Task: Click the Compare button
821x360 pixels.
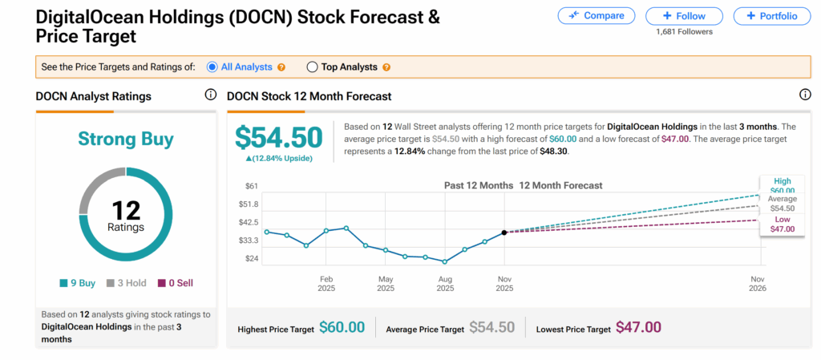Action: [596, 15]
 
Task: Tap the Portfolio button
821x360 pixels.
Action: [771, 15]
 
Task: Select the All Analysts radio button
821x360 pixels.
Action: [212, 67]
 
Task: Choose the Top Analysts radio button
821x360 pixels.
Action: [313, 67]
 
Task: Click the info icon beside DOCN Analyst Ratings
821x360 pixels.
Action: [211, 95]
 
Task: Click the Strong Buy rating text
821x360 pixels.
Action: [126, 140]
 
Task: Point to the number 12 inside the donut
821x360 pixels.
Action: [126, 211]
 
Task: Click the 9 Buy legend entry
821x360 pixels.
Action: [78, 283]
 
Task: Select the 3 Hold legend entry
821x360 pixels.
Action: [126, 283]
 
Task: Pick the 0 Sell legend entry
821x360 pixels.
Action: [175, 283]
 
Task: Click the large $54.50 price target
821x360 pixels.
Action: [278, 138]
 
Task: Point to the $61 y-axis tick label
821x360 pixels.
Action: [251, 186]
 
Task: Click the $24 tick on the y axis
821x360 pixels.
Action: [251, 259]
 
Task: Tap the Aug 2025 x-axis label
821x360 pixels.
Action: [445, 283]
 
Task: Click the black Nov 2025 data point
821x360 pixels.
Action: [504, 233]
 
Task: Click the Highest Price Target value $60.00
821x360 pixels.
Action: [342, 327]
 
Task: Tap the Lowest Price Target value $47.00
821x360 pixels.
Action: [638, 327]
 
